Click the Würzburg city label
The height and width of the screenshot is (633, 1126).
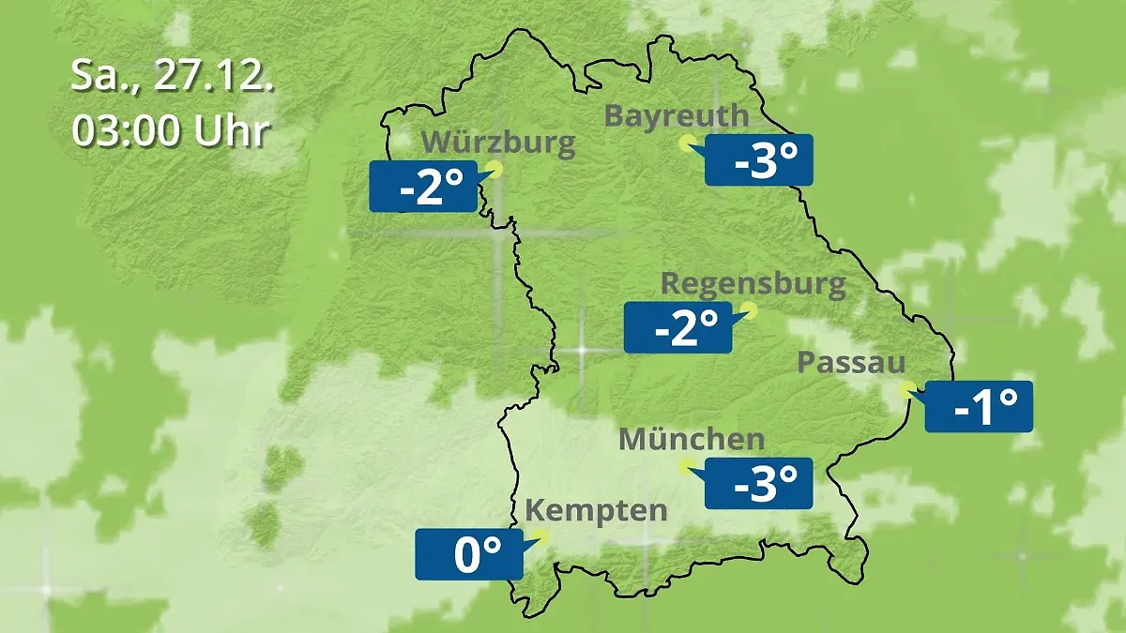pos(498,143)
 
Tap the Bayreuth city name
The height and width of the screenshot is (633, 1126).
pos(677,116)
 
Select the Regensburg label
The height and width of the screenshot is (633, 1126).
pos(753,283)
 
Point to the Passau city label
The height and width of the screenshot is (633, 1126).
pos(852,363)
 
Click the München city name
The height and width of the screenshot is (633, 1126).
pos(692,439)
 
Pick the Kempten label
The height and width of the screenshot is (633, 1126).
pos(596,511)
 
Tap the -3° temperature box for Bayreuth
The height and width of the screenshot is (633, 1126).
pos(758,160)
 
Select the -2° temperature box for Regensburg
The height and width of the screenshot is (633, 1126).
pos(678,327)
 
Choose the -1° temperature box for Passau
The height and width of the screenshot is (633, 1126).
pos(979,407)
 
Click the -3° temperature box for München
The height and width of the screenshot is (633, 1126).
pos(758,483)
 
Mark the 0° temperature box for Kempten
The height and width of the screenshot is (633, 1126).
pos(469,554)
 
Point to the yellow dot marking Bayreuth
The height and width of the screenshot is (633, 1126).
pos(687,143)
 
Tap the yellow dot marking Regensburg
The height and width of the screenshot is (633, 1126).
pos(749,309)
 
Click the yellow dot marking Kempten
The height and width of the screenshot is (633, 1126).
pos(540,536)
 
